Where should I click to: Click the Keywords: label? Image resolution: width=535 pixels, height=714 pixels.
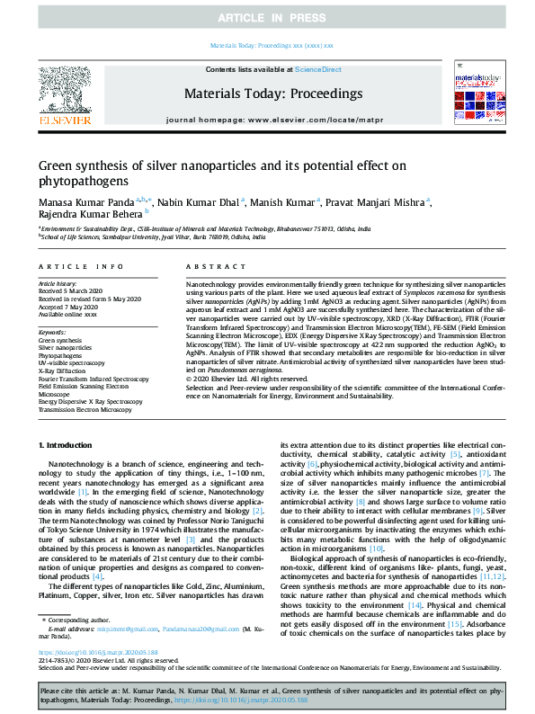coord(52,333)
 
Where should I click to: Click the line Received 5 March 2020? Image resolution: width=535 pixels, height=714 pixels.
coord(72,291)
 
